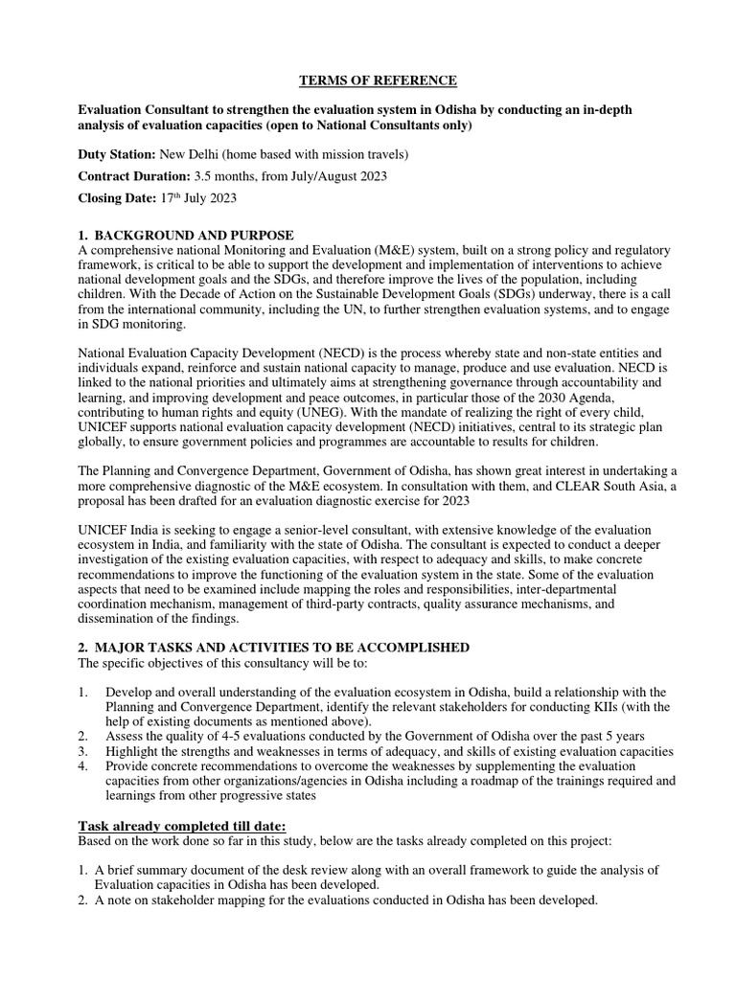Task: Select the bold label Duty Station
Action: [x=114, y=153]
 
